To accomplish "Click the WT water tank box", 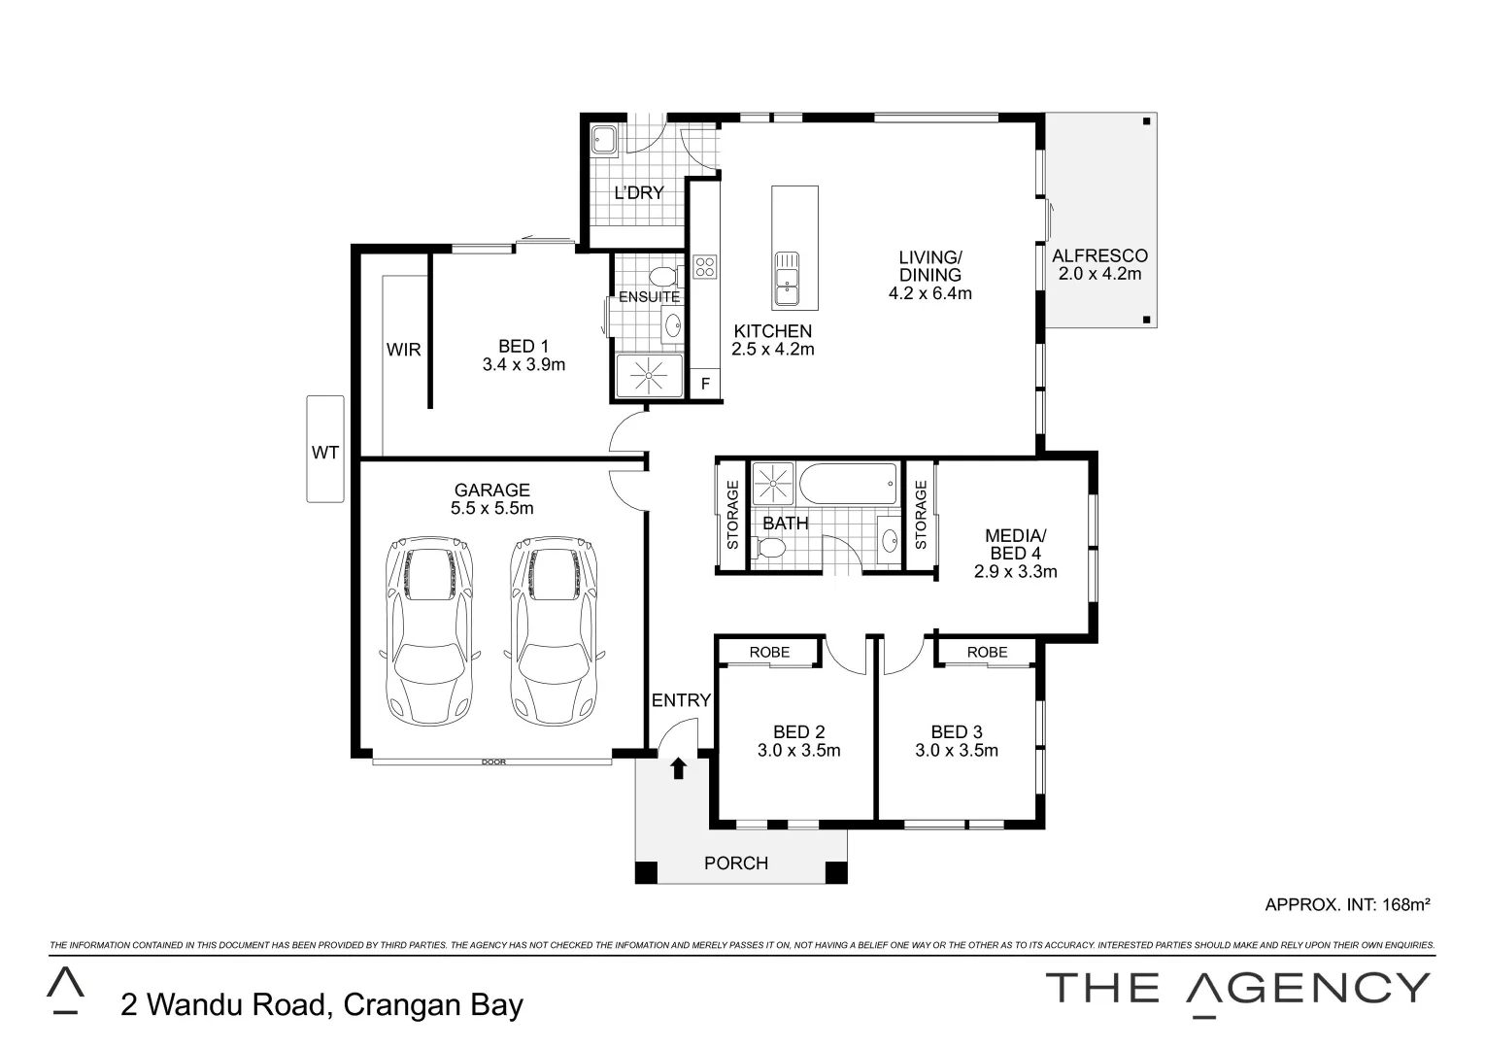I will tap(324, 449).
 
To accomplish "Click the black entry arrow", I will tap(678, 768).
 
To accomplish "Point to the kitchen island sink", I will tap(787, 277).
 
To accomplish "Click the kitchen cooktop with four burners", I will tap(704, 265).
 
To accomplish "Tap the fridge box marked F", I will tap(705, 384).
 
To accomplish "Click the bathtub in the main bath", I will tap(849, 483).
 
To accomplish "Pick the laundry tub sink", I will tap(604, 140).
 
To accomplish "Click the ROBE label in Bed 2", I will tap(769, 652).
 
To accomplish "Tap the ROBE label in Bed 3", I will tap(987, 652).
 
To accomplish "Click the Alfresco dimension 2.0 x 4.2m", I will tap(1099, 274).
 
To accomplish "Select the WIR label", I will tap(403, 349).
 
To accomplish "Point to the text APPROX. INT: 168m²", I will tap(1347, 904).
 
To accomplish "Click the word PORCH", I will tap(735, 863).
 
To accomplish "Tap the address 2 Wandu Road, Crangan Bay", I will tap(321, 1003).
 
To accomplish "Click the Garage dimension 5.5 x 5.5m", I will tap(491, 508).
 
